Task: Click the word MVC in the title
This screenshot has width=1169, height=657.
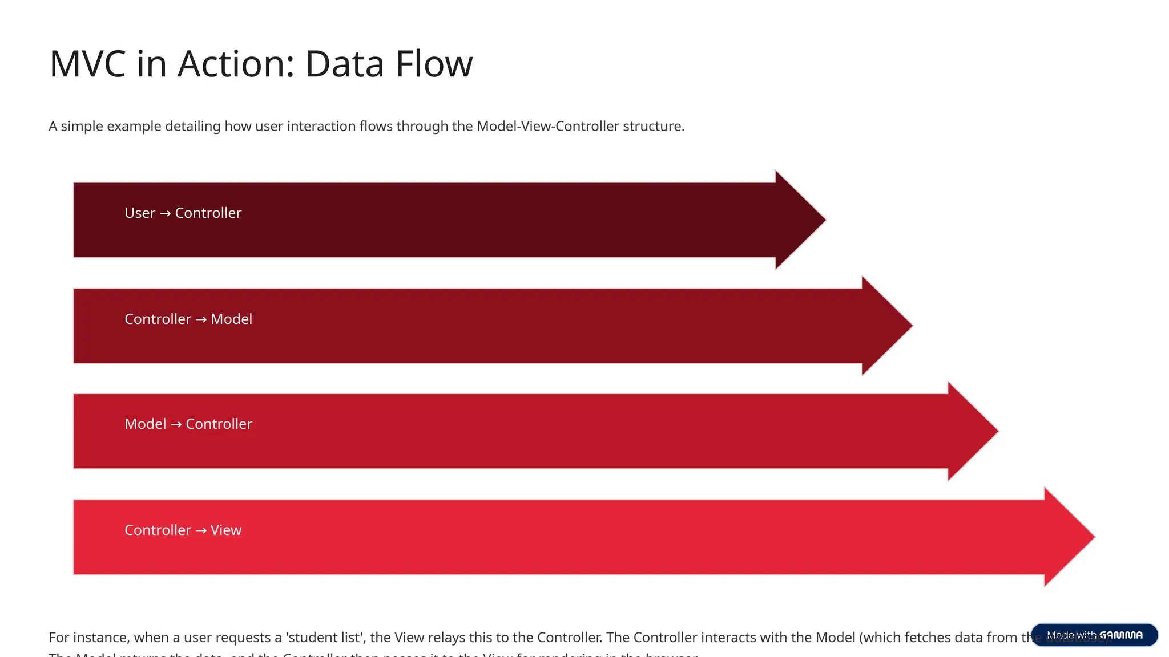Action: point(87,64)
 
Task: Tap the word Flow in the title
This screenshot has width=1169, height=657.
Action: point(434,64)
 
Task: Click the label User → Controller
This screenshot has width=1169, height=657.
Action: point(183,213)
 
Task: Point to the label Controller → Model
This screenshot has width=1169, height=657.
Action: point(188,319)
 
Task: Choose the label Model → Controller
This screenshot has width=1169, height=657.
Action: point(188,424)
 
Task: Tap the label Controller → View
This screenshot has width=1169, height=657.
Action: point(183,530)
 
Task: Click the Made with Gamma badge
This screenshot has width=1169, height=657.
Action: point(1094,635)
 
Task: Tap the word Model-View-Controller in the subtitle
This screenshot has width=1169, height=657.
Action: point(547,126)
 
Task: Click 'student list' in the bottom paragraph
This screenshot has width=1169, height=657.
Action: point(324,638)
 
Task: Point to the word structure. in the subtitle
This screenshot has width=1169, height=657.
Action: point(654,126)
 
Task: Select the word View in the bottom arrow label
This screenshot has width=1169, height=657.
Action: point(225,530)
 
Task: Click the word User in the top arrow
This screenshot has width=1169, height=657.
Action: point(140,213)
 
